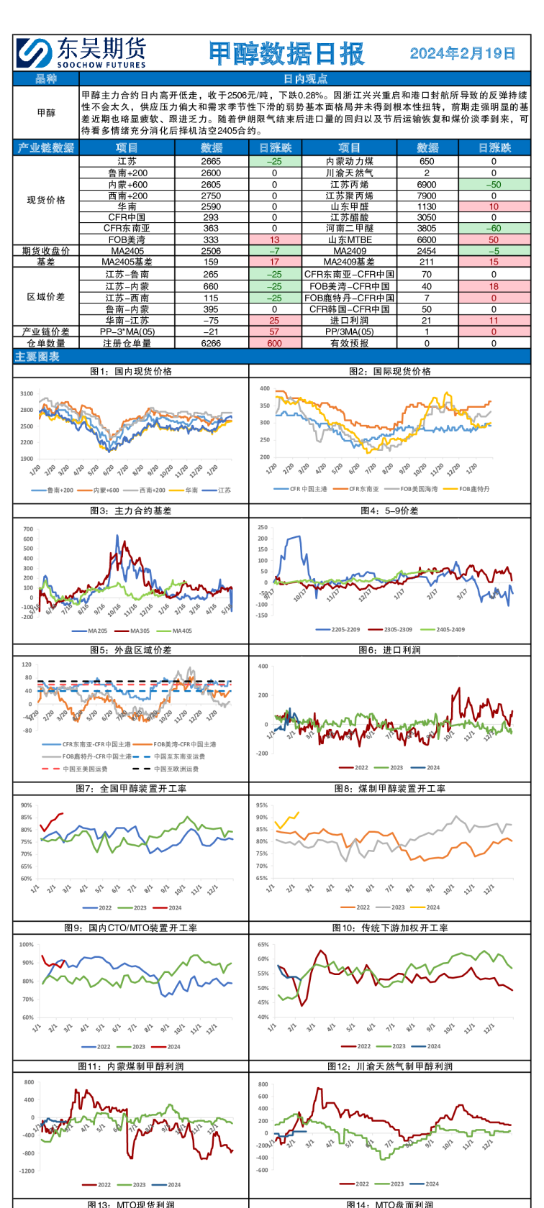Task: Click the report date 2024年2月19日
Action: coord(463,53)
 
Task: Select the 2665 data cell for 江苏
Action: coord(211,162)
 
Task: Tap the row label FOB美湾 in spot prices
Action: coord(127,239)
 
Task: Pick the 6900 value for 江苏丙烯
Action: coord(427,185)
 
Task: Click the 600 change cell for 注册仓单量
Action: coord(274,344)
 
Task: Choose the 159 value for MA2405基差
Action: coord(211,262)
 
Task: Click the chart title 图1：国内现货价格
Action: coord(131,372)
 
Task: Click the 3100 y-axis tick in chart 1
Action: coord(27,394)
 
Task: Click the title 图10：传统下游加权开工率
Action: coord(389,928)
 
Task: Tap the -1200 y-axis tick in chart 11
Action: coord(27,1171)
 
